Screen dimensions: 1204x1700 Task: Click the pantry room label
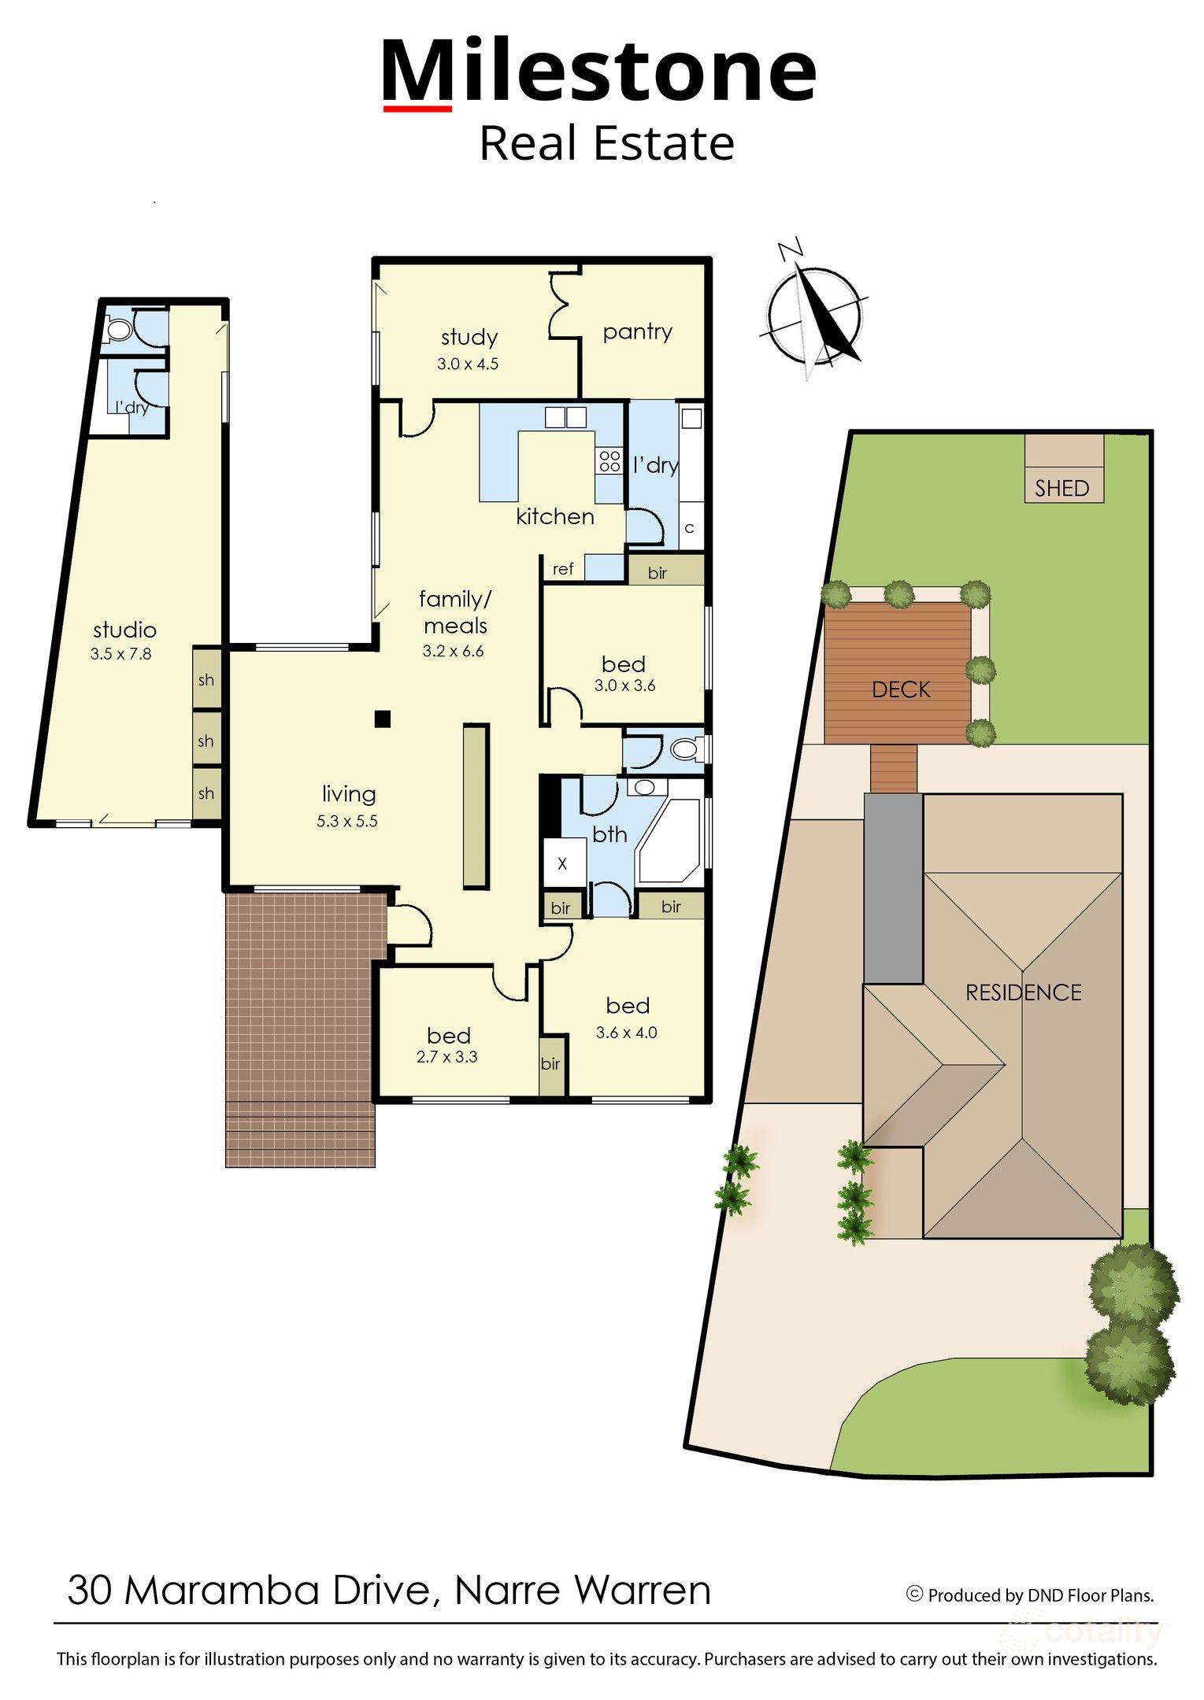point(637,332)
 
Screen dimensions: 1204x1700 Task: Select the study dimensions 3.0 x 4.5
point(468,364)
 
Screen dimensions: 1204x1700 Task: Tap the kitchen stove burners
point(609,460)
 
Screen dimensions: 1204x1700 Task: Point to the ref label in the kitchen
point(563,568)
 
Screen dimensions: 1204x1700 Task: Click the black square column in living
point(383,719)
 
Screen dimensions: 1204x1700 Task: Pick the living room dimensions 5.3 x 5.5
point(347,821)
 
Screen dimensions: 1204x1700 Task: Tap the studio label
point(124,630)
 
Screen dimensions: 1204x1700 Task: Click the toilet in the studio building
point(119,330)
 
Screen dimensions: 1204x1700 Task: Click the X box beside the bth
point(562,863)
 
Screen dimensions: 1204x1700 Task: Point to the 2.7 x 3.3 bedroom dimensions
point(446,1057)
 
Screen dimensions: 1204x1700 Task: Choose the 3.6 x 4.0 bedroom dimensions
point(626,1033)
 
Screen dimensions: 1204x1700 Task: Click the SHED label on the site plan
point(1061,488)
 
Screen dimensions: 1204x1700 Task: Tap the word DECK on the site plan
point(901,689)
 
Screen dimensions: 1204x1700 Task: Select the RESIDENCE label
point(1024,992)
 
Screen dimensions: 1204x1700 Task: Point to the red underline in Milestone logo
point(417,109)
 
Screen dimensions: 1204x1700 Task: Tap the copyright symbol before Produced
point(914,1594)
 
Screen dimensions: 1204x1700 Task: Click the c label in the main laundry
point(689,528)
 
